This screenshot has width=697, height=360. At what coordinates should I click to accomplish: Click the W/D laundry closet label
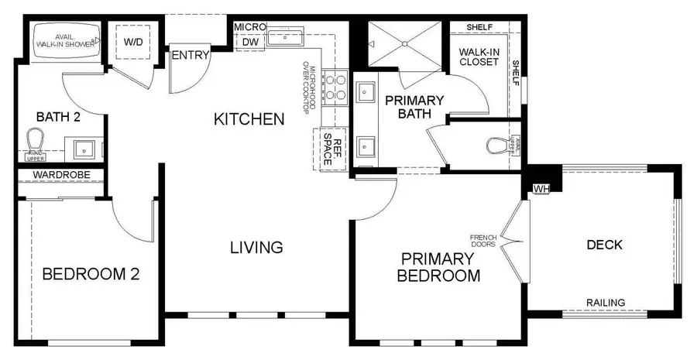coord(134,40)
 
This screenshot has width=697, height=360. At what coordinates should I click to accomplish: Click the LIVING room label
coord(256,248)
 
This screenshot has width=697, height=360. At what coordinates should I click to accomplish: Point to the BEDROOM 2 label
coord(90,274)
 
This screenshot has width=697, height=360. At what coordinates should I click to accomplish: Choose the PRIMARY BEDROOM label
coord(438,267)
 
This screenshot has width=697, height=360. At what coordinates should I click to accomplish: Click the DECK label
coord(605,245)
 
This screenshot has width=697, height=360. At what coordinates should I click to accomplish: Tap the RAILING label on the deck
coord(606,302)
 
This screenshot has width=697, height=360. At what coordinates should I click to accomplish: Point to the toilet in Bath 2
coord(33,141)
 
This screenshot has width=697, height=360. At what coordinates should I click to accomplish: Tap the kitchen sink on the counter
coord(292,35)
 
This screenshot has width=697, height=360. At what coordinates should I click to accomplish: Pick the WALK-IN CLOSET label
coord(479,57)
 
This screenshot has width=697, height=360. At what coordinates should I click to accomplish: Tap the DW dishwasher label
coord(249,41)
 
